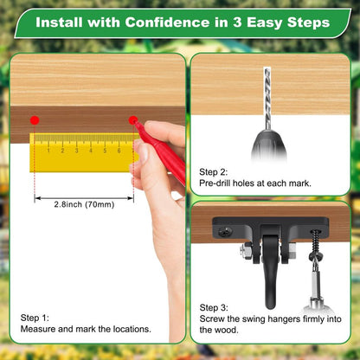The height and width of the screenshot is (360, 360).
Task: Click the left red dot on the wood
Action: coord(35,120)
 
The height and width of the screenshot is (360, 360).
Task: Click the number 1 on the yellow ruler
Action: coord(48,151)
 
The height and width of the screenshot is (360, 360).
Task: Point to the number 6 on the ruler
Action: coord(119,151)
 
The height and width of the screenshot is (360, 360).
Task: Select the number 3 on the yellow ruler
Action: coord(77,151)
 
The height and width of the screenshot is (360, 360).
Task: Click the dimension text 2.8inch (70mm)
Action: coord(84,204)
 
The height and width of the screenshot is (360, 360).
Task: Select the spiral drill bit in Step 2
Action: coord(267,99)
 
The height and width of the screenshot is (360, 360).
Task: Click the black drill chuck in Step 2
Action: coord(269,145)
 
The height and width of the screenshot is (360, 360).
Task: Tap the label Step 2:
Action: coord(213,172)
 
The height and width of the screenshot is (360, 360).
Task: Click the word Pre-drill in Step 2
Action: coord(215,183)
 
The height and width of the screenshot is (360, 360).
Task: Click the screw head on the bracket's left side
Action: coord(225,231)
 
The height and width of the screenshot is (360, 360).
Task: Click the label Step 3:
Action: coord(214,308)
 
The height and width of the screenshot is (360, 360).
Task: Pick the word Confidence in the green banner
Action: coord(167,22)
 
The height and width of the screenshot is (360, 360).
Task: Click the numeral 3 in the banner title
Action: coord(237,22)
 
